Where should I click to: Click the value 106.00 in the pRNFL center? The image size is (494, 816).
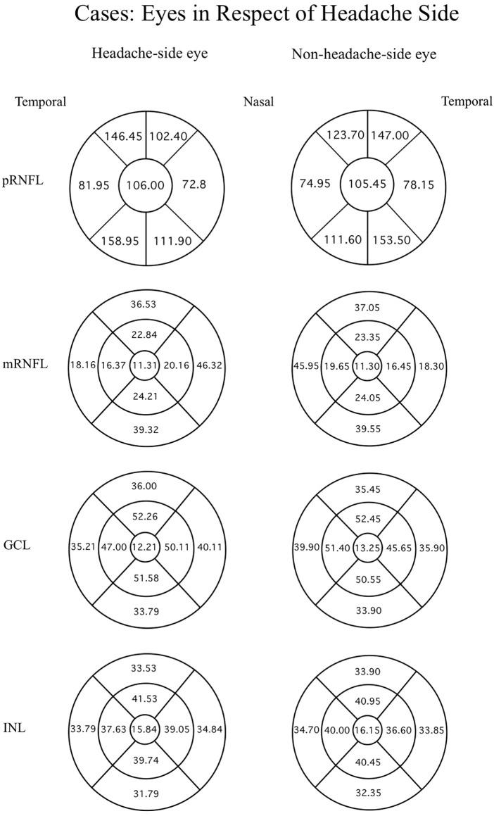tap(146, 185)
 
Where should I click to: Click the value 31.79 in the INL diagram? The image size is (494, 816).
tap(146, 792)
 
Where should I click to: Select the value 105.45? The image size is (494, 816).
tap(367, 185)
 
